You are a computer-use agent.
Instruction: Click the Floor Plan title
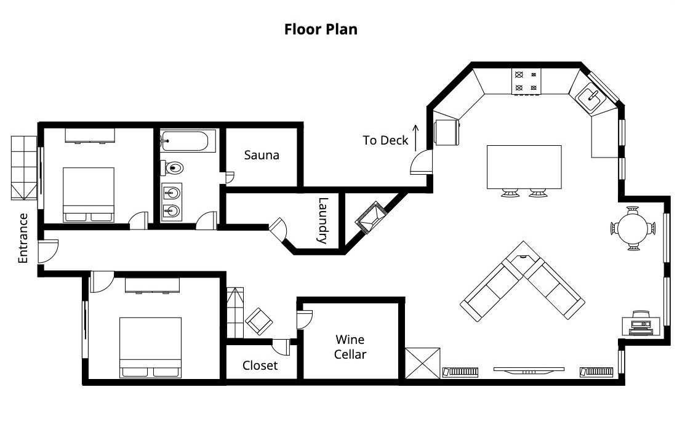pos(321,30)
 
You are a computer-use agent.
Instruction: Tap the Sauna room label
pos(262,155)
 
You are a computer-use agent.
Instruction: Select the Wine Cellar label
pos(350,347)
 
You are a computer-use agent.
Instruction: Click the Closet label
pos(260,365)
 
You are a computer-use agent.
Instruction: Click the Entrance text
pos(23,238)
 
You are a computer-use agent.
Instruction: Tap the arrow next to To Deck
pos(416,138)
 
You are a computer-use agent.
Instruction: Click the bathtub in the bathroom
pos(185,140)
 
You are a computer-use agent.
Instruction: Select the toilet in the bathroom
pos(173,167)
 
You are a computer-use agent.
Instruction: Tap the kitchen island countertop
pos(524,167)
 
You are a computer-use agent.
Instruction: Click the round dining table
pos(633,228)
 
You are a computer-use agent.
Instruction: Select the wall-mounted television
pos(529,370)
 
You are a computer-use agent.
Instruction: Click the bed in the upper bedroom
pos(89,194)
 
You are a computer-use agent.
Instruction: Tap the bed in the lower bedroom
pos(150,348)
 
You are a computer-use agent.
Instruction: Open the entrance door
pos(47,252)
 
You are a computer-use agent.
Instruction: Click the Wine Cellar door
pos(304,319)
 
